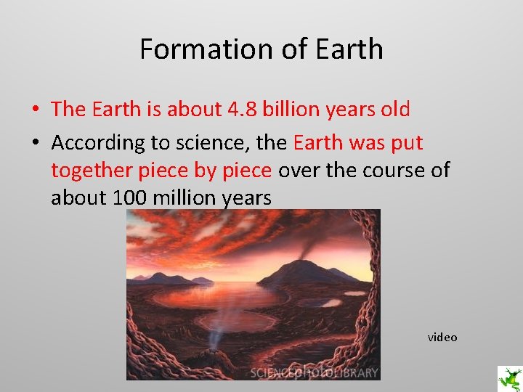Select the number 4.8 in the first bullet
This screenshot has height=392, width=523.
(x=243, y=110)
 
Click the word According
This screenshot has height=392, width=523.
(x=93, y=142)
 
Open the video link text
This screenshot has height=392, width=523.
(x=442, y=337)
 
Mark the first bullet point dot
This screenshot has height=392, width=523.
(x=35, y=110)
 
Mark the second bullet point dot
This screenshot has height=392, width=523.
(x=35, y=143)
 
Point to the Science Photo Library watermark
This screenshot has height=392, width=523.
(x=314, y=372)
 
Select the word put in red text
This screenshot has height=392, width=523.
(x=407, y=142)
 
